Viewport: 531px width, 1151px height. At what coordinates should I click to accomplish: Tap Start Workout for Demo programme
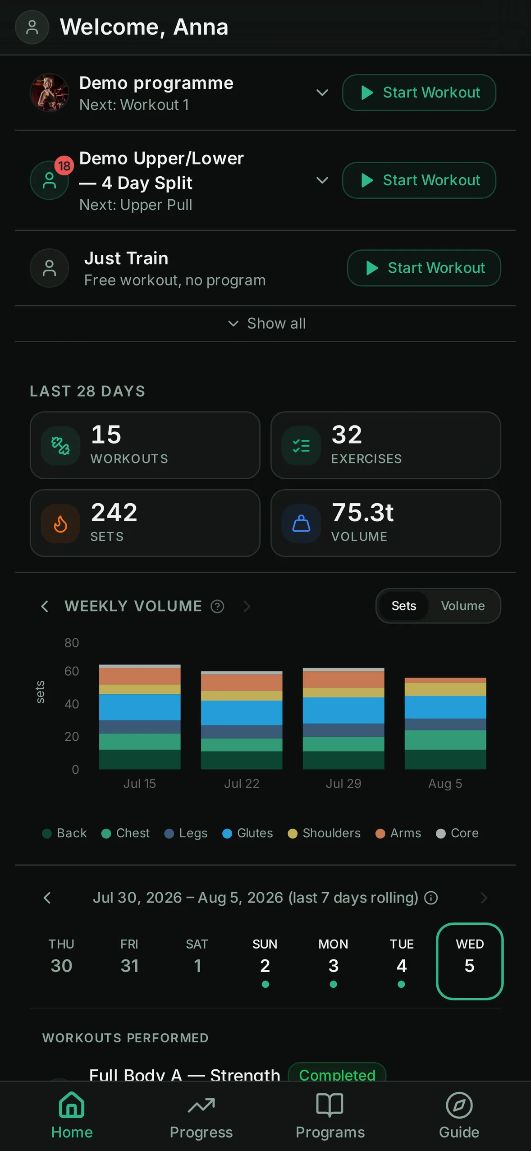(419, 92)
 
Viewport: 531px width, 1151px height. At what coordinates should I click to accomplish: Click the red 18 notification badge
(64, 166)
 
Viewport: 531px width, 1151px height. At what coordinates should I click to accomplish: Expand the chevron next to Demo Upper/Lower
(322, 180)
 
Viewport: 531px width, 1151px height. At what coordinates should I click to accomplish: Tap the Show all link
(267, 323)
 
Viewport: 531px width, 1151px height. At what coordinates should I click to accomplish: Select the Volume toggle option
(462, 605)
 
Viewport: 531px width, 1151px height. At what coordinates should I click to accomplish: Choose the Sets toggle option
(403, 605)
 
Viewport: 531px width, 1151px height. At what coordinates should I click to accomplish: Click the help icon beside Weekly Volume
(217, 606)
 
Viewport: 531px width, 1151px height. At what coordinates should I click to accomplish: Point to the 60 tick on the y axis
(72, 671)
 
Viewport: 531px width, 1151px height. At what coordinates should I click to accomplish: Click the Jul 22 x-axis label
(242, 784)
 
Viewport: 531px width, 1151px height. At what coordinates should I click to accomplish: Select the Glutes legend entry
(248, 833)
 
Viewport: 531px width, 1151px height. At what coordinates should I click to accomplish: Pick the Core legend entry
(458, 833)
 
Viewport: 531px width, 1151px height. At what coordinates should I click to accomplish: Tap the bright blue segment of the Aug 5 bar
(445, 707)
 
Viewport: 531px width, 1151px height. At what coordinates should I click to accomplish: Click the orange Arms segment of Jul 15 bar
(140, 676)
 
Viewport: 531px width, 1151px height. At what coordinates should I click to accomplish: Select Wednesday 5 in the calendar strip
(470, 961)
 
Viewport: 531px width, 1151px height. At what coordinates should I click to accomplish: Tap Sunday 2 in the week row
(265, 961)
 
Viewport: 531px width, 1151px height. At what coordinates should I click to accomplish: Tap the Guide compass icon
(459, 1105)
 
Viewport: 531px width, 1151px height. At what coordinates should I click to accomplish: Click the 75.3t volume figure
(362, 513)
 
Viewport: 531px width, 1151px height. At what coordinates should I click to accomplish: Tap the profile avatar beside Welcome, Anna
(32, 27)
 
